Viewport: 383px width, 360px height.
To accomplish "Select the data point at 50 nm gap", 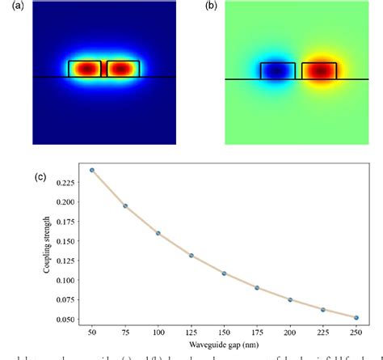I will tap(92, 171).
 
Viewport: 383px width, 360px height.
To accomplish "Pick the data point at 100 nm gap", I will tap(158, 233).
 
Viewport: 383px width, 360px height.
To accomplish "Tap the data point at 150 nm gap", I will tap(224, 273).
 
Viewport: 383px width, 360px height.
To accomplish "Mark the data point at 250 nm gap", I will tap(356, 318).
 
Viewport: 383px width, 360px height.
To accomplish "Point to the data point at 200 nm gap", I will tap(290, 300).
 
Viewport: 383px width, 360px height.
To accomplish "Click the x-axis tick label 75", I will tap(125, 332).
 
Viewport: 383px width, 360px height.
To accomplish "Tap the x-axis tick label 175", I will tap(257, 332).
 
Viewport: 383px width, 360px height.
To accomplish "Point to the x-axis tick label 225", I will tap(323, 332).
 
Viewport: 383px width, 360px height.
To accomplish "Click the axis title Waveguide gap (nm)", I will tap(224, 345).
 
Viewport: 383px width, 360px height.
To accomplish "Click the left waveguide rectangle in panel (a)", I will tap(85, 70).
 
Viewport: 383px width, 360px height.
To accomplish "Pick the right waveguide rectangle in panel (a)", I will tap(123, 70).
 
